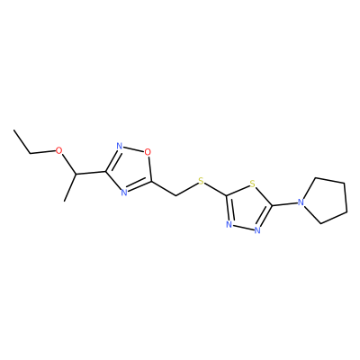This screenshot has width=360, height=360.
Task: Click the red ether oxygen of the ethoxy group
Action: [x=59, y=150]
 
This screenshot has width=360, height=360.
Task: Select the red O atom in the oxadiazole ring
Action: [x=147, y=152]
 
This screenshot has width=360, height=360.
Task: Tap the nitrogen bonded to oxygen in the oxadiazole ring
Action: [x=120, y=147]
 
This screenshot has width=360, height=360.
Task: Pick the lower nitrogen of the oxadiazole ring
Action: [x=124, y=193]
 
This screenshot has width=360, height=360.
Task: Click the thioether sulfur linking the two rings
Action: [x=201, y=181]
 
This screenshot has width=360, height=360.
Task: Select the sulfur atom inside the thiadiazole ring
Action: [x=253, y=184]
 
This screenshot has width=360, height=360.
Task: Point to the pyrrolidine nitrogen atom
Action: [x=301, y=202]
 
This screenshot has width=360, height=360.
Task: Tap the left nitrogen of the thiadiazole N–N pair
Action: [x=229, y=224]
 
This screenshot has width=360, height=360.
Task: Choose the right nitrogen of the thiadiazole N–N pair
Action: [x=256, y=230]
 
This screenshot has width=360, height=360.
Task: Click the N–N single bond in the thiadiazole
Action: [x=243, y=228]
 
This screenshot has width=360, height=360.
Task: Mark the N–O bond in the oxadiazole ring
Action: [x=133, y=149]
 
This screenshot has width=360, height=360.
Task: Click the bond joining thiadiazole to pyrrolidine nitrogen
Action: [x=284, y=204]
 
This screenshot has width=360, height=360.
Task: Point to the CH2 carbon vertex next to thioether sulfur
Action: [x=175, y=196]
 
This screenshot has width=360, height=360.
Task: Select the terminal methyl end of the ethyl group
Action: [x=13, y=130]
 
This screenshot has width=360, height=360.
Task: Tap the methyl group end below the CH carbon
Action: [x=64, y=201]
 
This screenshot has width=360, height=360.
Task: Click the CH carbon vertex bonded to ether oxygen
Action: [x=76, y=175]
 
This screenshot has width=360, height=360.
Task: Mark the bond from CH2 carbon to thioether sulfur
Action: [x=186, y=190]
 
